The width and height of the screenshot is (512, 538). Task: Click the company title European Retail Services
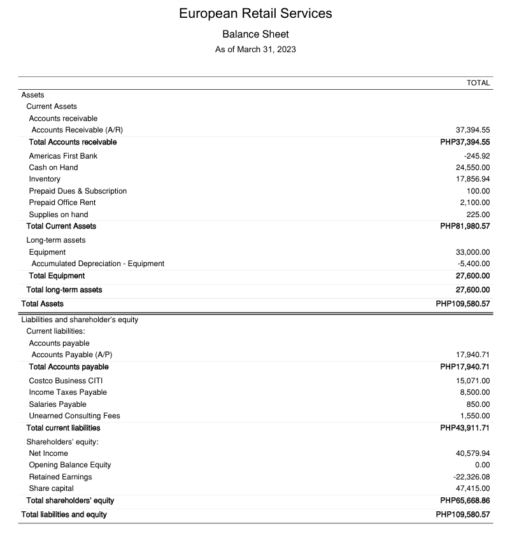pos(255,13)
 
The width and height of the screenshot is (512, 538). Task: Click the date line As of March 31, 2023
pos(255,49)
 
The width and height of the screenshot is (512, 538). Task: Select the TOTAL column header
pos(478,83)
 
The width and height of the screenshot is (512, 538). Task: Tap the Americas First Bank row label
pos(63,156)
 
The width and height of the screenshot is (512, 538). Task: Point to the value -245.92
pos(477,156)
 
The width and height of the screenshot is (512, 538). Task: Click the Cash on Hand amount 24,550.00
pos(473,167)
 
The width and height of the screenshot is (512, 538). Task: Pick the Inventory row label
pos(45,179)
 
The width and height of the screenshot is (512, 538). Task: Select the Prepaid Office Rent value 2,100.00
pos(475,202)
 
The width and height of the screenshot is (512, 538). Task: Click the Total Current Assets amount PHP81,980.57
pos(465,226)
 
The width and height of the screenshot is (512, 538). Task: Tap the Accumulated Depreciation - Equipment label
pos(97,264)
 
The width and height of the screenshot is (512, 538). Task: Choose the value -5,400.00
pos(474,264)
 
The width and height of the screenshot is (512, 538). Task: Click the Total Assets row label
pos(42,304)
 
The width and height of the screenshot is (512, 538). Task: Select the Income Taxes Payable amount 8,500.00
pos(475,392)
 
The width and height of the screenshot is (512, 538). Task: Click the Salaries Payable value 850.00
pos(478,404)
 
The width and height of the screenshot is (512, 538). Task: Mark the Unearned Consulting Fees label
pos(75,416)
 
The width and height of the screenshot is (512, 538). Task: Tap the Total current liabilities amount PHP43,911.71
pos(465,428)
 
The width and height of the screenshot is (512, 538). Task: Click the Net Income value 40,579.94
pos(473,453)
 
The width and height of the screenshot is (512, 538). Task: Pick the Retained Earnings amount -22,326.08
pos(472,477)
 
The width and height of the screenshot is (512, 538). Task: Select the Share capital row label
pos(51,488)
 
